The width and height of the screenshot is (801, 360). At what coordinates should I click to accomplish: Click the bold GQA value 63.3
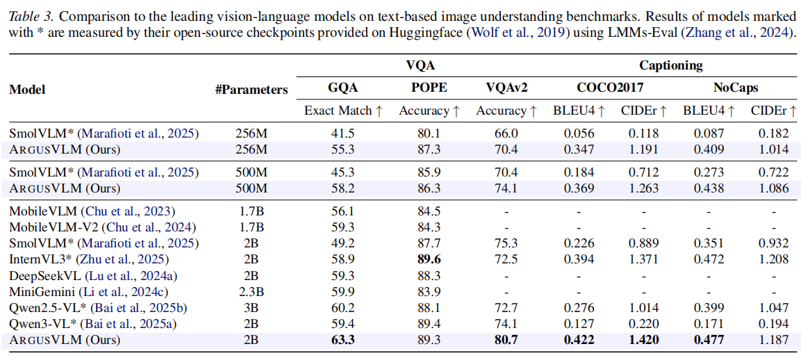[343, 340]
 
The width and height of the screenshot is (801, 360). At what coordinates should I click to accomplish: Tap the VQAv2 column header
[506, 88]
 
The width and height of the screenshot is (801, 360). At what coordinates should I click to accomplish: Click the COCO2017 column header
[611, 88]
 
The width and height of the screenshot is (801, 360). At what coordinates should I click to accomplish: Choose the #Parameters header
[251, 89]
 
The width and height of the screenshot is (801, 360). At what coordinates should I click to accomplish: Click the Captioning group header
[670, 66]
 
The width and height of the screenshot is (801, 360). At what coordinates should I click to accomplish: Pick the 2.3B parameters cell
[251, 292]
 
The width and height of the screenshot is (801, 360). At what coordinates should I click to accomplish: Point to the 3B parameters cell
[251, 308]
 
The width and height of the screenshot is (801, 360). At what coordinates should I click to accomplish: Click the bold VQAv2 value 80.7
[506, 340]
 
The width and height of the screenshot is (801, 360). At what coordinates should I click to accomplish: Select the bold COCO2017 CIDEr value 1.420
[643, 340]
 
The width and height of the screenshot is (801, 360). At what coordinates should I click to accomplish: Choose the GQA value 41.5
[343, 133]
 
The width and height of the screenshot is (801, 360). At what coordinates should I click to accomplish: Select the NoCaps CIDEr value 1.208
[773, 259]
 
